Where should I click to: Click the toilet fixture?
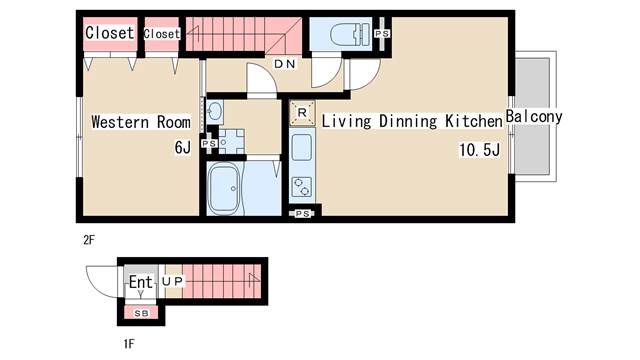tap(350, 34)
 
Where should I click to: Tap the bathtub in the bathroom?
tap(223, 189)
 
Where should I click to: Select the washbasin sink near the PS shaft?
tap(215, 110)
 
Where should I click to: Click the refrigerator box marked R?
tap(302, 113)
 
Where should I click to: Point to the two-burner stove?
tap(302, 187)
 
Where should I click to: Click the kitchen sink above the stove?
tap(302, 147)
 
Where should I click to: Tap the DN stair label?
tap(285, 64)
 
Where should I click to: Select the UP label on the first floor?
tap(172, 281)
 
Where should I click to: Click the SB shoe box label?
tap(141, 313)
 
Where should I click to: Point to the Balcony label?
tap(534, 117)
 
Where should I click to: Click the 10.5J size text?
tap(480, 150)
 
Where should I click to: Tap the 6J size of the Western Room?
tap(182, 147)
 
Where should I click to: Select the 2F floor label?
tap(89, 240)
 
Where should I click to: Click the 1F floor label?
tap(129, 344)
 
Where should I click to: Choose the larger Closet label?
tap(110, 33)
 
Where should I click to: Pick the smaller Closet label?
tap(162, 34)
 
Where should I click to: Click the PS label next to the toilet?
tap(382, 34)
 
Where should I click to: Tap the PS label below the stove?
tap(302, 213)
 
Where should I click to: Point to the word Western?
tap(120, 122)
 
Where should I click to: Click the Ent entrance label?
tap(140, 282)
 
